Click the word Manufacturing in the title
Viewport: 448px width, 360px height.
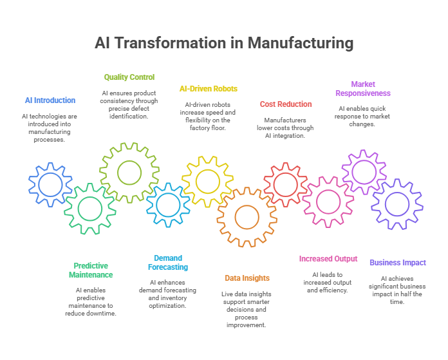(301, 43)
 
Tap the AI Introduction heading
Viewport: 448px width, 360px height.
(50, 100)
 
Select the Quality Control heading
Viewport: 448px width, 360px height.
(129, 77)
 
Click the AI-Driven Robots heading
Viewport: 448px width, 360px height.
(209, 89)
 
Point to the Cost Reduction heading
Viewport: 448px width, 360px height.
(286, 104)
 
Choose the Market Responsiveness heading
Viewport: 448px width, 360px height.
(363, 89)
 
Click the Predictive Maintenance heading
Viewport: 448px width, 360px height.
(91, 270)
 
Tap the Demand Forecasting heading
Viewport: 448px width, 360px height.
(168, 263)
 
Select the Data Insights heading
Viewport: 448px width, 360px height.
(247, 278)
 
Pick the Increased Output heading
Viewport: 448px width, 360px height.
(328, 259)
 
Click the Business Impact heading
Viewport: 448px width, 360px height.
(398, 263)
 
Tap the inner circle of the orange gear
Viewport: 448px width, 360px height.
(247, 205)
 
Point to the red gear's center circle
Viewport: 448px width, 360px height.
(285, 173)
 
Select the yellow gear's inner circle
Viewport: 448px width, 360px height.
(208, 169)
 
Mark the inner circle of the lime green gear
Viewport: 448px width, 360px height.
(129, 160)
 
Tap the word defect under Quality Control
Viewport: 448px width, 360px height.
(138, 109)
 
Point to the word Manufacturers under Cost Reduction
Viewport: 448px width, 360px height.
(285, 120)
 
